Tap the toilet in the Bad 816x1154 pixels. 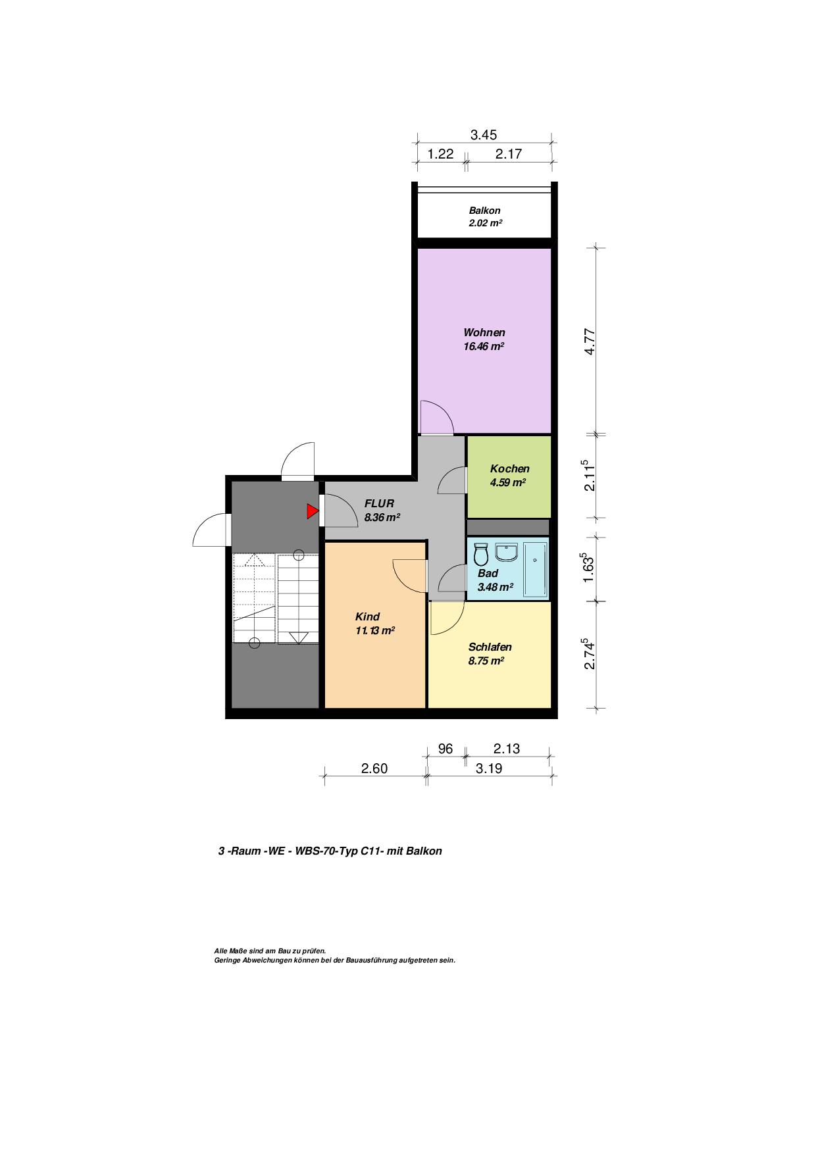click(x=480, y=554)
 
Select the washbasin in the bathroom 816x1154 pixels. click(x=507, y=552)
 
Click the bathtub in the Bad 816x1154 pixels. click(x=535, y=570)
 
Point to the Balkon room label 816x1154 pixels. click(x=484, y=211)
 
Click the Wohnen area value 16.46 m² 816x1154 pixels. click(x=484, y=346)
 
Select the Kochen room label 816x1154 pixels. click(x=509, y=469)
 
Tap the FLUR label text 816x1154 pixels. click(x=379, y=503)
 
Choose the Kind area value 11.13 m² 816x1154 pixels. click(x=374, y=630)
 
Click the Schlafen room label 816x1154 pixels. click(x=490, y=647)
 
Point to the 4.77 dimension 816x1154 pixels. click(x=590, y=341)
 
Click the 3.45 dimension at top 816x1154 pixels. click(x=483, y=135)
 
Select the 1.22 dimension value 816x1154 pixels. click(x=441, y=154)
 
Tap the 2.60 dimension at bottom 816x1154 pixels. click(x=374, y=768)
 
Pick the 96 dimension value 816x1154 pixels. click(x=446, y=749)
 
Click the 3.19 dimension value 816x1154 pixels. click(x=489, y=768)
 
